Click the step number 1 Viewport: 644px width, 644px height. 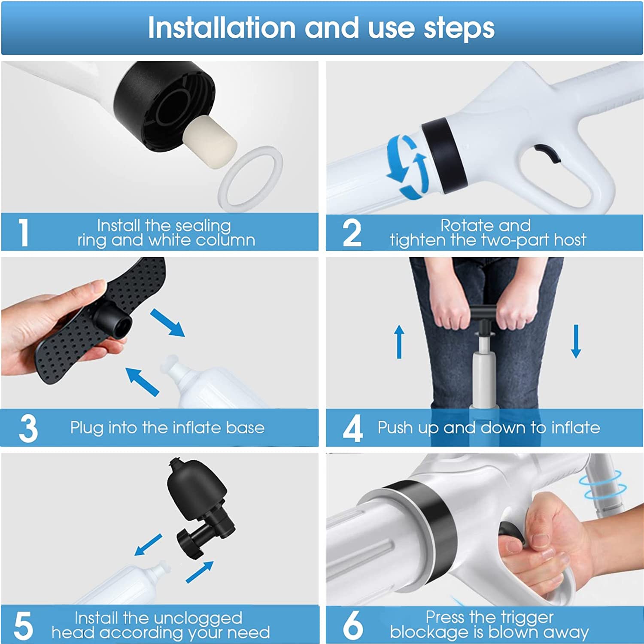coord(24,232)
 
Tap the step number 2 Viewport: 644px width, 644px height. coord(352,232)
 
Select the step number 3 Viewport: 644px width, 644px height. coord(28,428)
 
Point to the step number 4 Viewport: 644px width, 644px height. coord(353,428)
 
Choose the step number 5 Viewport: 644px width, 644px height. coord(23,626)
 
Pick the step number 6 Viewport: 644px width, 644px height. coord(353,625)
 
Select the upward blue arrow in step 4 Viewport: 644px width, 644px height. coord(399,341)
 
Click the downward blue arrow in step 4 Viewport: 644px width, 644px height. coord(576,341)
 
